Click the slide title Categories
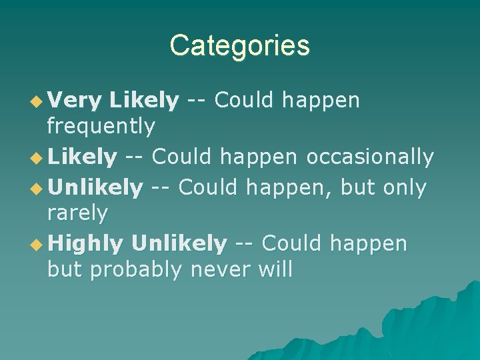(x=239, y=46)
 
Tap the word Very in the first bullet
(x=74, y=101)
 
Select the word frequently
(x=101, y=125)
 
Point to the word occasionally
(x=370, y=157)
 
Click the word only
(x=405, y=188)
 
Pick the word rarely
(x=77, y=213)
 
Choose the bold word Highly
(x=85, y=245)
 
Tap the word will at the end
(x=275, y=269)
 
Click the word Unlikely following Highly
(x=179, y=244)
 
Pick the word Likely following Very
(x=144, y=101)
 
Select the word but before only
(x=359, y=188)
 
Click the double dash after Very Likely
(x=197, y=101)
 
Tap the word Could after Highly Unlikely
(x=292, y=244)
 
